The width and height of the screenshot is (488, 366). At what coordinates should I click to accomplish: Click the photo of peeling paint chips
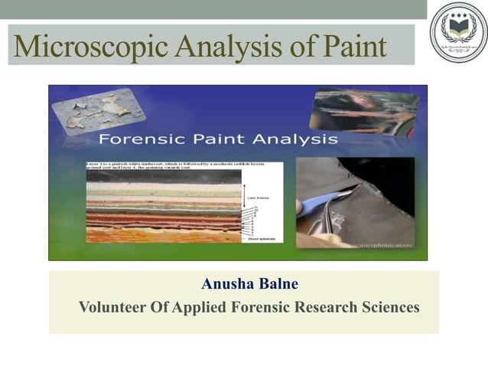(x=96, y=110)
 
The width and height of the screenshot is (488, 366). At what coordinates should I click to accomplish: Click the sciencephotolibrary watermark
(x=384, y=245)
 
